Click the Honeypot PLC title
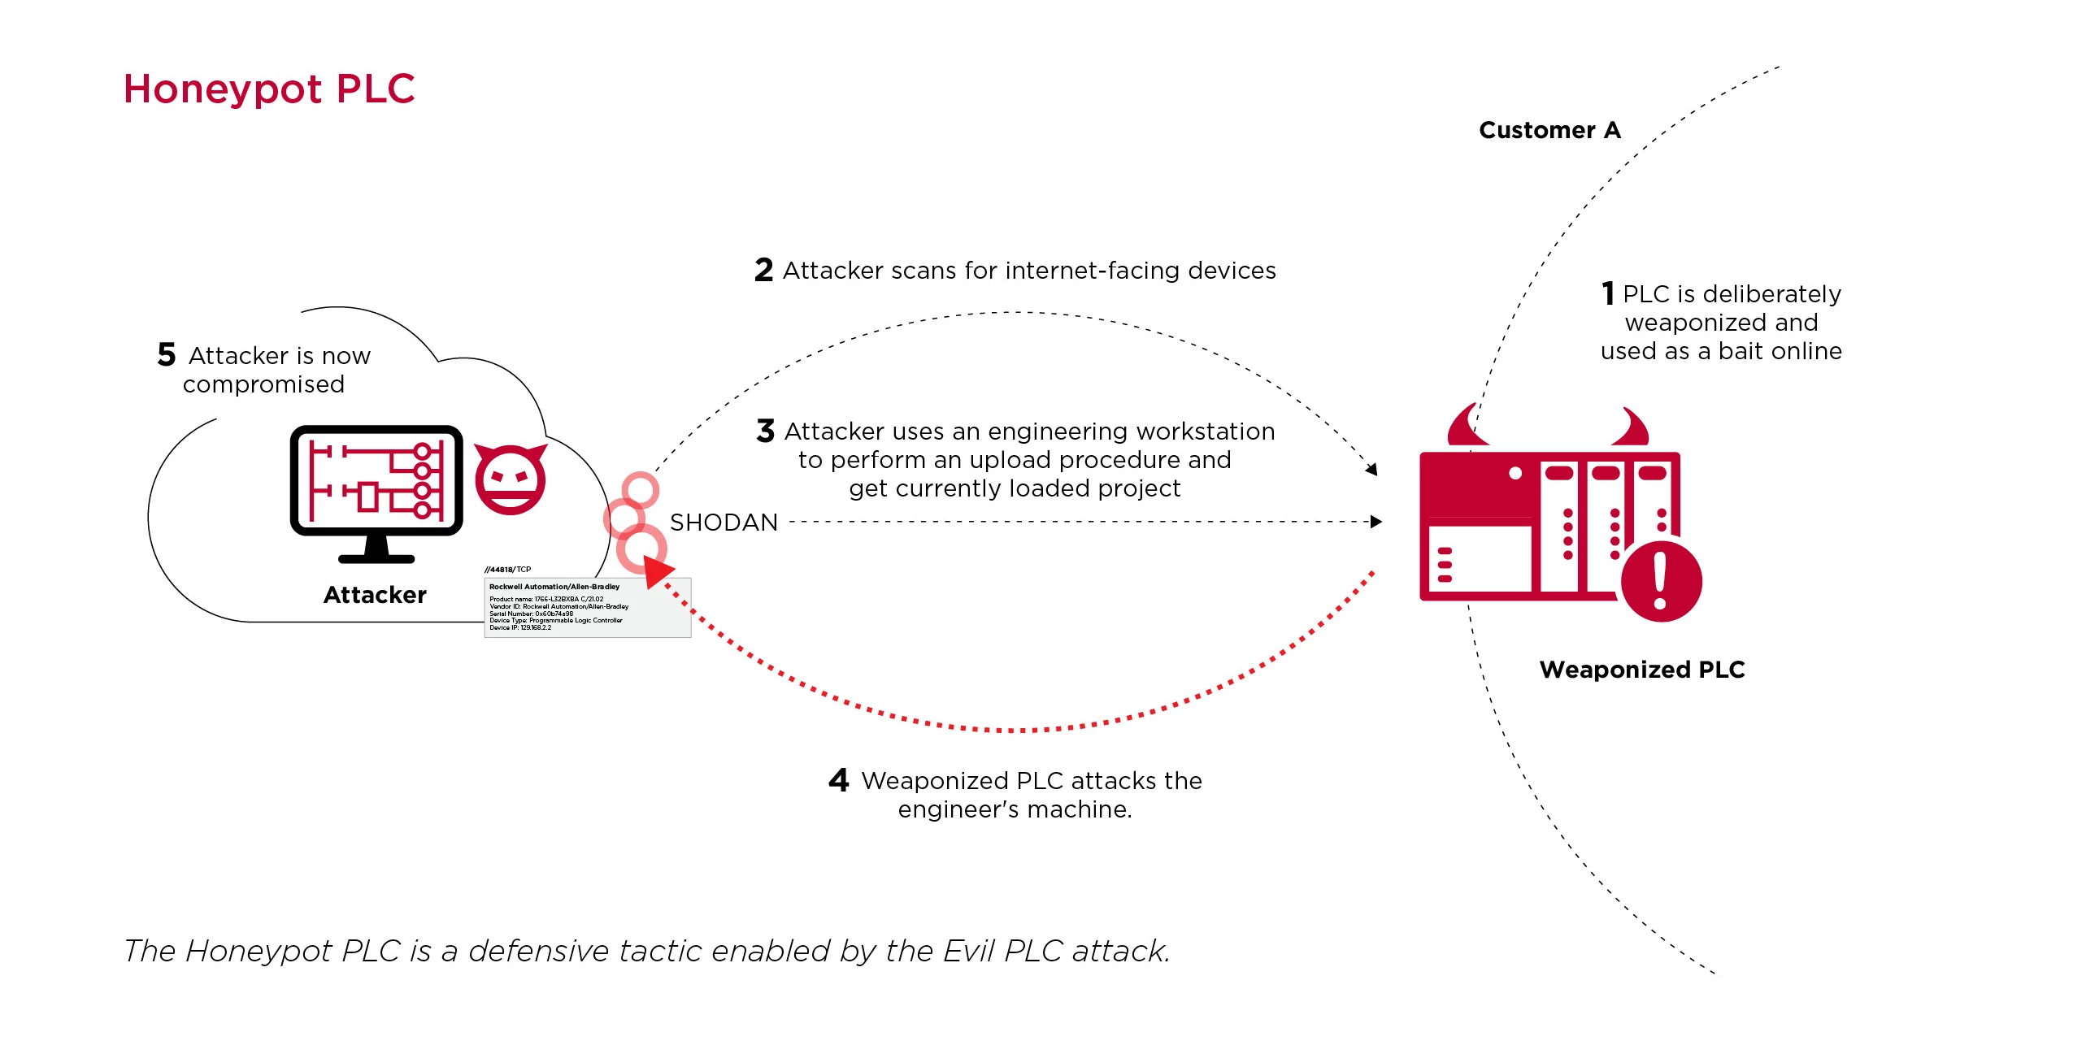(x=269, y=89)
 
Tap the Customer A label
(x=1549, y=130)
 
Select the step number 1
(x=1607, y=293)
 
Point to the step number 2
(x=763, y=270)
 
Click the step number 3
(x=765, y=431)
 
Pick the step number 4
(x=838, y=780)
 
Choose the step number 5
(x=167, y=354)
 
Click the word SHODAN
(x=724, y=523)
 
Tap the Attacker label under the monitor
(x=375, y=595)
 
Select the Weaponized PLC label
(x=1641, y=670)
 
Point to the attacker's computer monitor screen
(x=376, y=479)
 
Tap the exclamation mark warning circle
(x=1660, y=581)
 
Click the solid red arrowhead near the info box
(x=657, y=571)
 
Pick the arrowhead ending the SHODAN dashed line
(x=1375, y=522)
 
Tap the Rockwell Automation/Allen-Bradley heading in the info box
(x=554, y=587)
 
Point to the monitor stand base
(x=376, y=558)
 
